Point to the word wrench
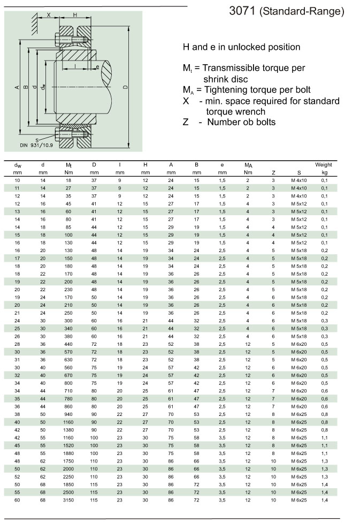pos(251,111)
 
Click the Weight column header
pos(324,165)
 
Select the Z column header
pos(273,173)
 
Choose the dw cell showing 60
pos(17,499)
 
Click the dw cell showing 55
pos(17,492)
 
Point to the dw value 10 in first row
pos(17,180)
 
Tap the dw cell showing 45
pos(17,445)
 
